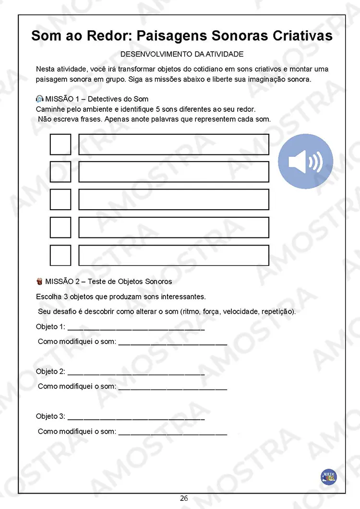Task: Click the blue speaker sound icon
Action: [x=305, y=161]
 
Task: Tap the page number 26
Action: [x=184, y=498]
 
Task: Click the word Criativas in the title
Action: [x=302, y=36]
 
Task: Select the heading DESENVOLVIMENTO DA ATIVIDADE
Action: [x=181, y=54]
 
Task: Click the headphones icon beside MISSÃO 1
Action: [x=40, y=99]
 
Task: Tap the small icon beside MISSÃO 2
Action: [x=40, y=281]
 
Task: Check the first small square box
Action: [x=60, y=144]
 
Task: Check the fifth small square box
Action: [x=60, y=255]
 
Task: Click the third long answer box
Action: [x=173, y=200]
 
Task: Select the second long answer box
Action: [x=173, y=172]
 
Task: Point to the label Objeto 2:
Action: [x=50, y=372]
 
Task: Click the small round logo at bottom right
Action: [x=329, y=476]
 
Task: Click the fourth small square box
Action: [x=60, y=227]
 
